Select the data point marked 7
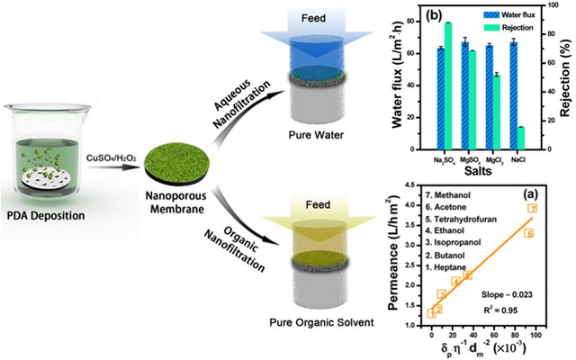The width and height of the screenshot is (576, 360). click(532, 208)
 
